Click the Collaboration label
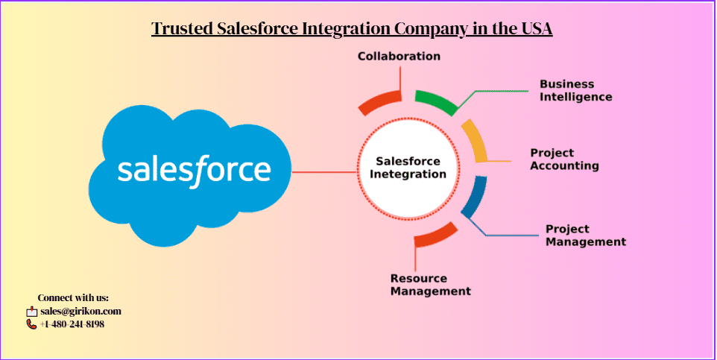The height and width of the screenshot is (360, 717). pos(399,57)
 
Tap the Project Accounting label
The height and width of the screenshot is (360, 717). pos(564,160)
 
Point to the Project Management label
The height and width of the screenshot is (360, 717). pos(585,236)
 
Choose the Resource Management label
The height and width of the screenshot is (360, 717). pos(430,285)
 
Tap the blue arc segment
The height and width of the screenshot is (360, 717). pos(474,197)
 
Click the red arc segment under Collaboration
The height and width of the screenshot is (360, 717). pos(379,103)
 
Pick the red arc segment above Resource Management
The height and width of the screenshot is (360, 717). pos(435,235)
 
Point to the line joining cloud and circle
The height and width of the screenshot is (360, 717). pos(324,172)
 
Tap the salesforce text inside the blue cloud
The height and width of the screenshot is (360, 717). pos(194,170)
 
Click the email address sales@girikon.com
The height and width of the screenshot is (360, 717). pos(80,312)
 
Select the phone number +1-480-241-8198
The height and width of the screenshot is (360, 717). pos(72,324)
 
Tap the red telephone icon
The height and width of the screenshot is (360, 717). pos(31,324)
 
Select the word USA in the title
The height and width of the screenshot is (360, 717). pos(534,29)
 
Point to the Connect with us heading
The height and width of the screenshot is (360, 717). pos(73,298)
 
